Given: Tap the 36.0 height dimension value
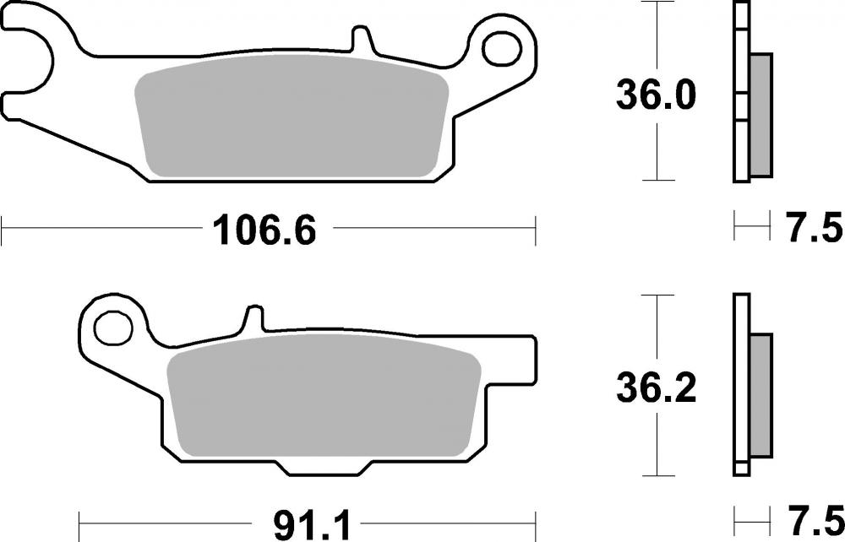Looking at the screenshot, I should pos(656,97).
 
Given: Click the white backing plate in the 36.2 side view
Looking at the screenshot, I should pos(741,385).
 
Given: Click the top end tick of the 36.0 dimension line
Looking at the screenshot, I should pos(657,3).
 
